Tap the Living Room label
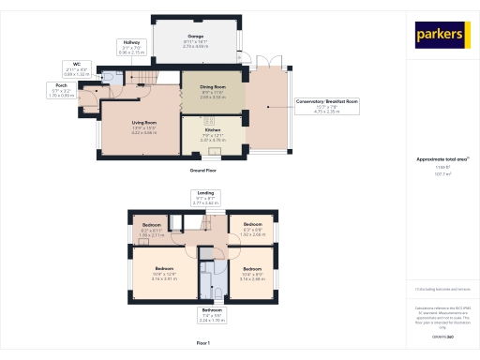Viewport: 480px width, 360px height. pos(142,127)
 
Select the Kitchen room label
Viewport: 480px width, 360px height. pos(213,135)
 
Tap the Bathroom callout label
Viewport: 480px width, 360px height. pos(212,315)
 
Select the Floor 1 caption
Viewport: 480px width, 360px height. pos(203,342)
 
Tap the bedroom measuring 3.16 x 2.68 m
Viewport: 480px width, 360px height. pos(251,275)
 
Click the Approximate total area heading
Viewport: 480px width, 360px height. pos(442,159)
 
